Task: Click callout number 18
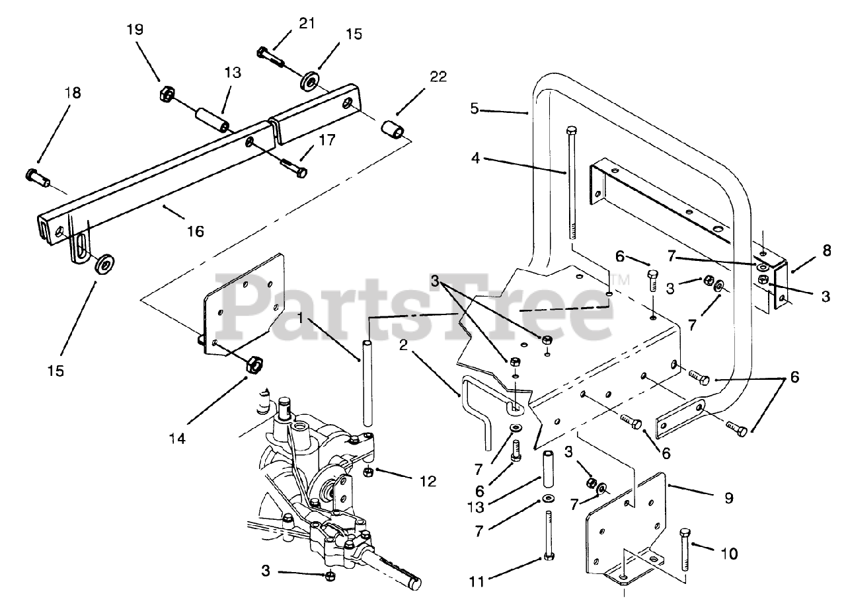point(72,92)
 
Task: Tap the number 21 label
point(306,24)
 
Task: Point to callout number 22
point(437,77)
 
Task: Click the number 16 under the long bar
point(195,231)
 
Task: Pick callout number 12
point(426,481)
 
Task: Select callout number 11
point(477,581)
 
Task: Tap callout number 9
point(728,498)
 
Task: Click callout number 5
point(474,108)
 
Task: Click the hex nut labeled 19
point(166,94)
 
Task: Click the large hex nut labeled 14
point(254,364)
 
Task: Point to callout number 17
point(326,140)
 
